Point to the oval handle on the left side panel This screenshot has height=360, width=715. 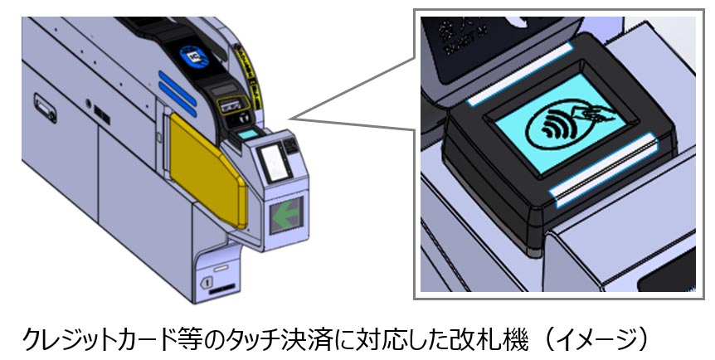click(41, 105)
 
